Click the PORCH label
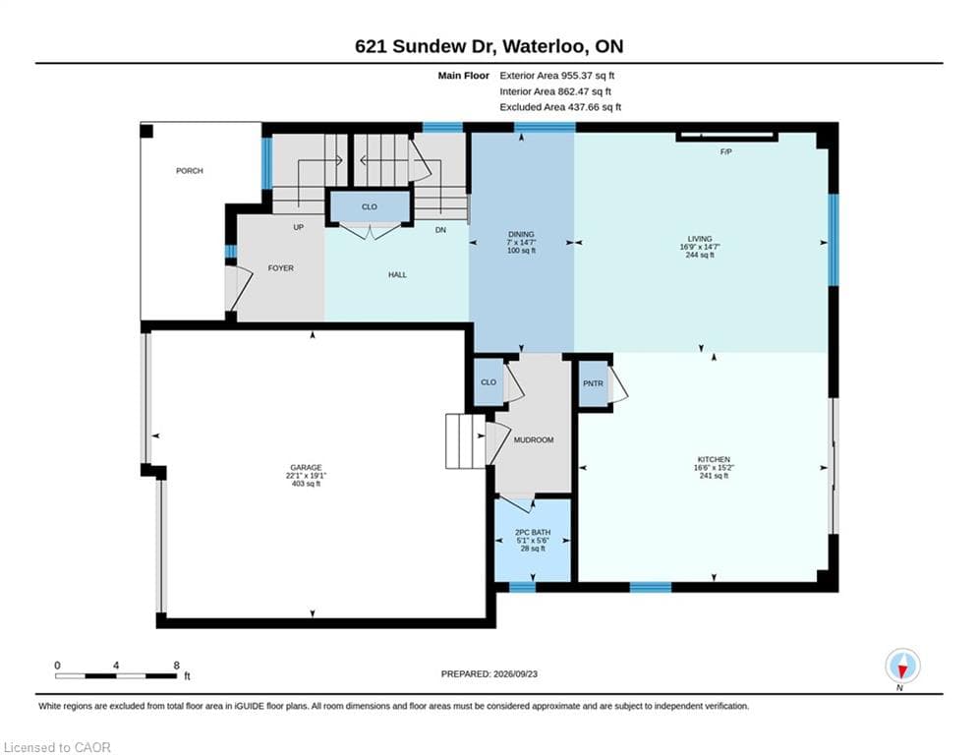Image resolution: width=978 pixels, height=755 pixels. coord(190,170)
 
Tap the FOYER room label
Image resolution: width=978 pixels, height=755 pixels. coord(281,267)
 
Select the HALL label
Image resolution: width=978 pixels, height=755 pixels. coord(397,274)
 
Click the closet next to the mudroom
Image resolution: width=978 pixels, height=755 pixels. coord(489,381)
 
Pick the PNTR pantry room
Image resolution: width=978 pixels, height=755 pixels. coord(593,383)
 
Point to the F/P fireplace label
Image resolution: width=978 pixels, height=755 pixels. coord(726,151)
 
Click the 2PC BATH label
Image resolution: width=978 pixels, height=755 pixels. coord(533,532)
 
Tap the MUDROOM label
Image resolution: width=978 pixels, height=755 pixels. coord(534,439)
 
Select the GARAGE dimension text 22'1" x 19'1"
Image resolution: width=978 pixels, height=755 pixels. coord(306,476)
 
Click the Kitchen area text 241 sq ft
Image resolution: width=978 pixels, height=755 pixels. coord(715,476)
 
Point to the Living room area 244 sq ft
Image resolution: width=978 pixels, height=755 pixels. coord(700,255)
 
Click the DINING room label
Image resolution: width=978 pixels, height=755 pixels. coord(521,234)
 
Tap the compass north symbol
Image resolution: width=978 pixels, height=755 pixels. coord(902,666)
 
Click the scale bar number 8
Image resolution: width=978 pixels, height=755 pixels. coord(177,666)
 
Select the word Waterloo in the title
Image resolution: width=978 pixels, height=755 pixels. coord(544,46)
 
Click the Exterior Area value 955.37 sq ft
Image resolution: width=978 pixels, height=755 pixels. coord(588,76)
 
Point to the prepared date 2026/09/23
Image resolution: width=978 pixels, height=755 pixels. coord(515,673)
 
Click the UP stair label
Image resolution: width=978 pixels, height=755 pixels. coord(298,227)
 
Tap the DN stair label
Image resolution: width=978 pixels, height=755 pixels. coord(440,230)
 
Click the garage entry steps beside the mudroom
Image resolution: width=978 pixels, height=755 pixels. coord(465,441)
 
